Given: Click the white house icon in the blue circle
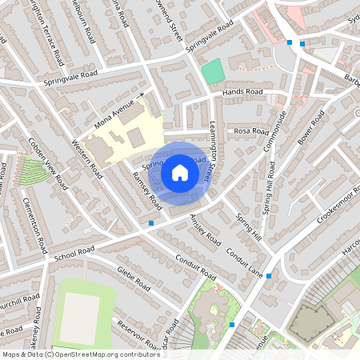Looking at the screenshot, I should [x=180, y=172].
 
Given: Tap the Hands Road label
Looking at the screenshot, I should [x=242, y=93].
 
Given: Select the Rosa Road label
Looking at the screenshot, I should [x=250, y=130].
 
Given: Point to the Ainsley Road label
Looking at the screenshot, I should [x=207, y=230].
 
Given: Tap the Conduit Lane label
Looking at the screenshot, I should [x=244, y=262].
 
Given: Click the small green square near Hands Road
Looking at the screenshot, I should [x=212, y=71].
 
